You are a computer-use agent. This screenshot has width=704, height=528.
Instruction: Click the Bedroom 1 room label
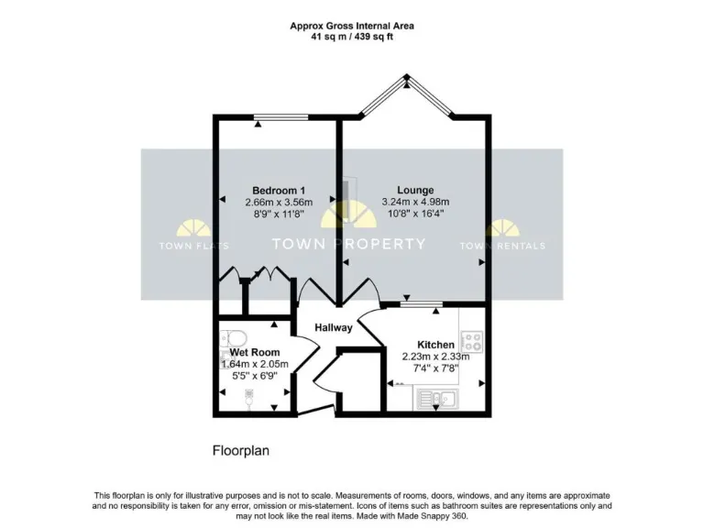pos(279,190)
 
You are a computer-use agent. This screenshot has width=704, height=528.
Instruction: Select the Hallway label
pos(334,327)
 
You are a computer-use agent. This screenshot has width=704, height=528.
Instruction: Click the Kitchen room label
pos(435,345)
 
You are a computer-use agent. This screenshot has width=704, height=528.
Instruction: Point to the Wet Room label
pos(255,352)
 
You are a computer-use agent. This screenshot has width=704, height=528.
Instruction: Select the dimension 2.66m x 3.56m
pos(279,202)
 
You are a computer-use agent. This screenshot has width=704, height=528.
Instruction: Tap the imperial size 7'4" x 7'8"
pos(435,368)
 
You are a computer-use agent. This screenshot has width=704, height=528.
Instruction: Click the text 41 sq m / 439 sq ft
pos(352,38)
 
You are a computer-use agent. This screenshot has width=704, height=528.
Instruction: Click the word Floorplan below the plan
pos(241,451)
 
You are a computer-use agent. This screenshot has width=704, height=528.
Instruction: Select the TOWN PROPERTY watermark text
pos(349,244)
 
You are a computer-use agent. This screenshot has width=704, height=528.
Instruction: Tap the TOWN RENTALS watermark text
pos(501,246)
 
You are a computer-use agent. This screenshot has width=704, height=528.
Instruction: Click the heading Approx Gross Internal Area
pos(352,26)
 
